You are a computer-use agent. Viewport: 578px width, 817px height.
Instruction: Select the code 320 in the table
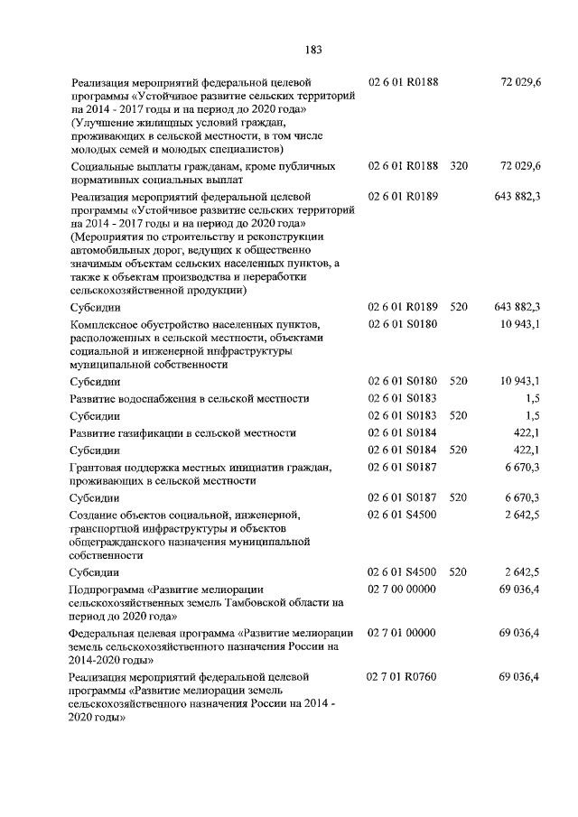(459, 166)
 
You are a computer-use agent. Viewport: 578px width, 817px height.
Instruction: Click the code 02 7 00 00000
(402, 589)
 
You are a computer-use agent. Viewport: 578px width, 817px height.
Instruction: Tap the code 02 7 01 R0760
(402, 675)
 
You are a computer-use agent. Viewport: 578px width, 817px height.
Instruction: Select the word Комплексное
(106, 323)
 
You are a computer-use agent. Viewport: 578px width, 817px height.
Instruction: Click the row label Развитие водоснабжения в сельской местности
(190, 398)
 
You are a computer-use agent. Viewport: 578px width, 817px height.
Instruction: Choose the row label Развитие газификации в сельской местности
(183, 432)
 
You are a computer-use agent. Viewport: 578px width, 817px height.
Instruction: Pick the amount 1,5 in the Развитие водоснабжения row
(532, 398)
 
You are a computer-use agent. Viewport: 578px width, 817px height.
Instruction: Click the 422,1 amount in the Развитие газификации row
(527, 432)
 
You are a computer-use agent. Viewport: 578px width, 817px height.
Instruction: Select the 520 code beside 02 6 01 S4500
(459, 571)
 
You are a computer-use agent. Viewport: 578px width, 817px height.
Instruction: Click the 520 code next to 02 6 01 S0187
(459, 497)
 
